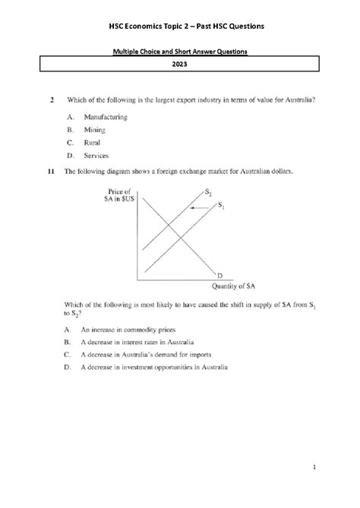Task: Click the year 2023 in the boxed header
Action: point(180,65)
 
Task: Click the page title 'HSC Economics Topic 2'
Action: point(179,27)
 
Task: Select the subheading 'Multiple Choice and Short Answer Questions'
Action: point(180,51)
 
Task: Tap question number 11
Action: point(51,172)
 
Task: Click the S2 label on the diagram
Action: point(209,192)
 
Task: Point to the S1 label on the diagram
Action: point(222,205)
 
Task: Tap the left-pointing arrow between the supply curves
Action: point(199,207)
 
